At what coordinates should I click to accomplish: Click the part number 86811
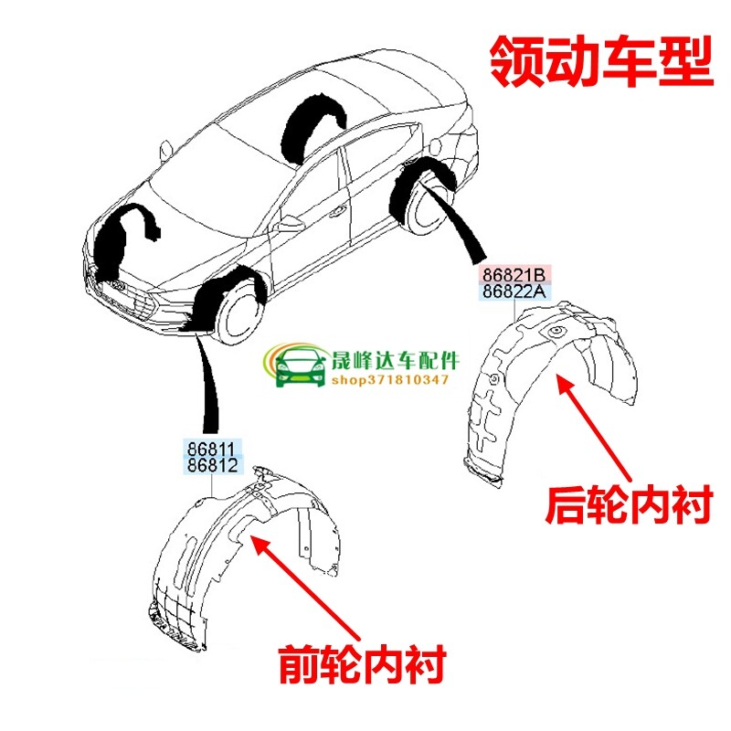pyautogui.click(x=212, y=449)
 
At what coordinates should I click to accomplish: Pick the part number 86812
pyautogui.click(x=212, y=466)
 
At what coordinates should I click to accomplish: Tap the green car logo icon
pyautogui.click(x=298, y=367)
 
